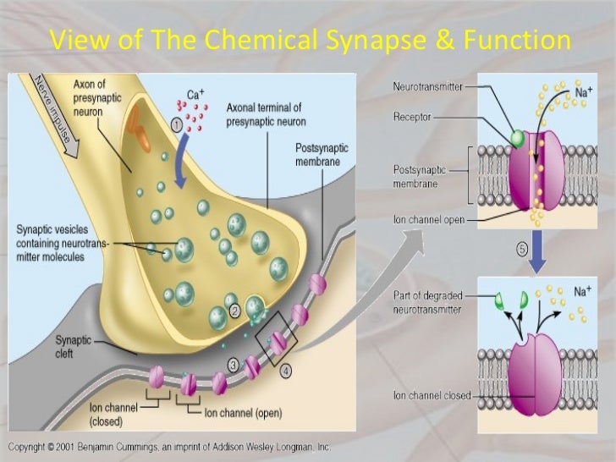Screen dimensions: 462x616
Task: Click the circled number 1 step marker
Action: (x=177, y=124)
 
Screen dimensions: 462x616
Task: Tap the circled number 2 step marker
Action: (x=236, y=311)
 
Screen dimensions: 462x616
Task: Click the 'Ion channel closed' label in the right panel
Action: (x=431, y=394)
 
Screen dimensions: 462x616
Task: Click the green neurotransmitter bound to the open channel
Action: (x=514, y=136)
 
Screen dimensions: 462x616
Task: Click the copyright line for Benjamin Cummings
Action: (x=169, y=446)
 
